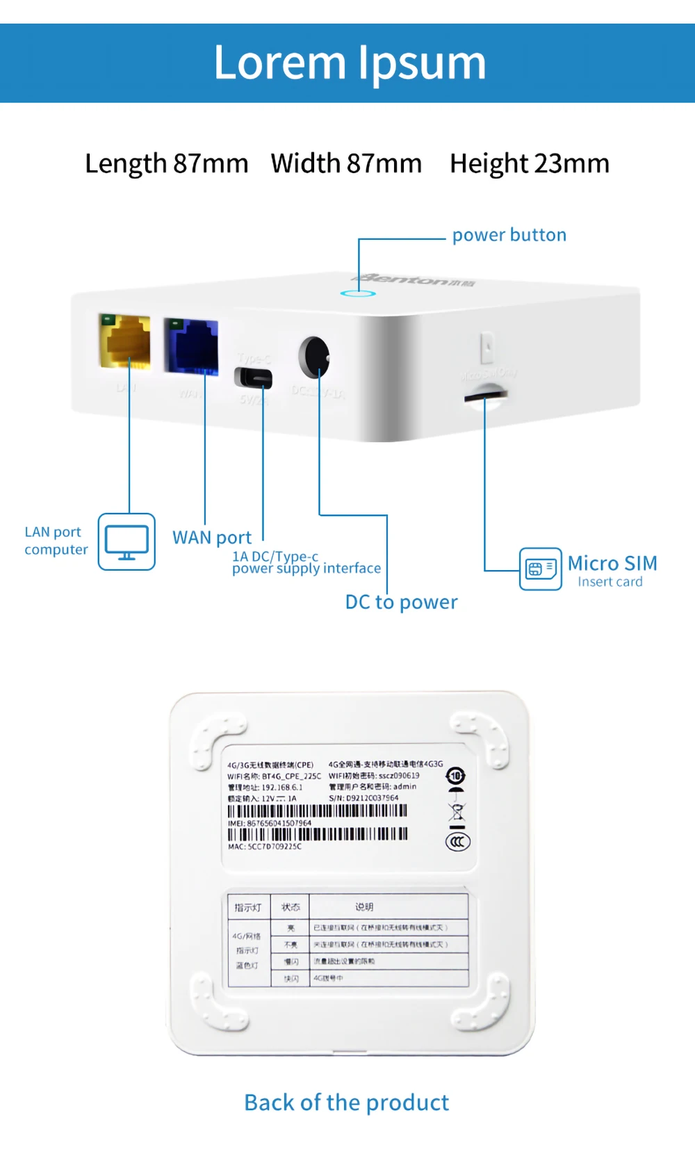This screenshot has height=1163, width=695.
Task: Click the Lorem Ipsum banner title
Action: click(350, 63)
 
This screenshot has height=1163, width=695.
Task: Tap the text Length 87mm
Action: click(166, 164)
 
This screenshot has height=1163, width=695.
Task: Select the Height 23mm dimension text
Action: click(529, 164)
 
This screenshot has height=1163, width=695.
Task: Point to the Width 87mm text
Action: click(346, 164)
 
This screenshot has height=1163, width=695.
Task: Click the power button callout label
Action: click(509, 235)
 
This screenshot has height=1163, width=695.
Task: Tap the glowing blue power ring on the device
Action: click(358, 293)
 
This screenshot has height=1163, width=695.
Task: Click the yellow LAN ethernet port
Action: click(125, 341)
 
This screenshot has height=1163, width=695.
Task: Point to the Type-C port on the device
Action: click(254, 378)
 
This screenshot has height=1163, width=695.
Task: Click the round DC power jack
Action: click(314, 357)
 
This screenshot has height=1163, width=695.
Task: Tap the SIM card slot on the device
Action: click(486, 396)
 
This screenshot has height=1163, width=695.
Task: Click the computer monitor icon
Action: click(126, 542)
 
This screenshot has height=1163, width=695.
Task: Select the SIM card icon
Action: click(540, 569)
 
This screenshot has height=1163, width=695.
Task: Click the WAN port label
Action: click(212, 537)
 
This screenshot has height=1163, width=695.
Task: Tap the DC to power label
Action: click(401, 602)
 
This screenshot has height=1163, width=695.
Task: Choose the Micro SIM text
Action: click(612, 563)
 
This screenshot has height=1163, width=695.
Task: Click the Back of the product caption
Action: click(346, 1103)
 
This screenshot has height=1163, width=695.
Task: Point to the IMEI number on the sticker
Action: click(270, 823)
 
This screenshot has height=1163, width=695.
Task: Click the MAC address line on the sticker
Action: click(265, 847)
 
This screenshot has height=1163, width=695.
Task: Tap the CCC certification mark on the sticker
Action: click(457, 842)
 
